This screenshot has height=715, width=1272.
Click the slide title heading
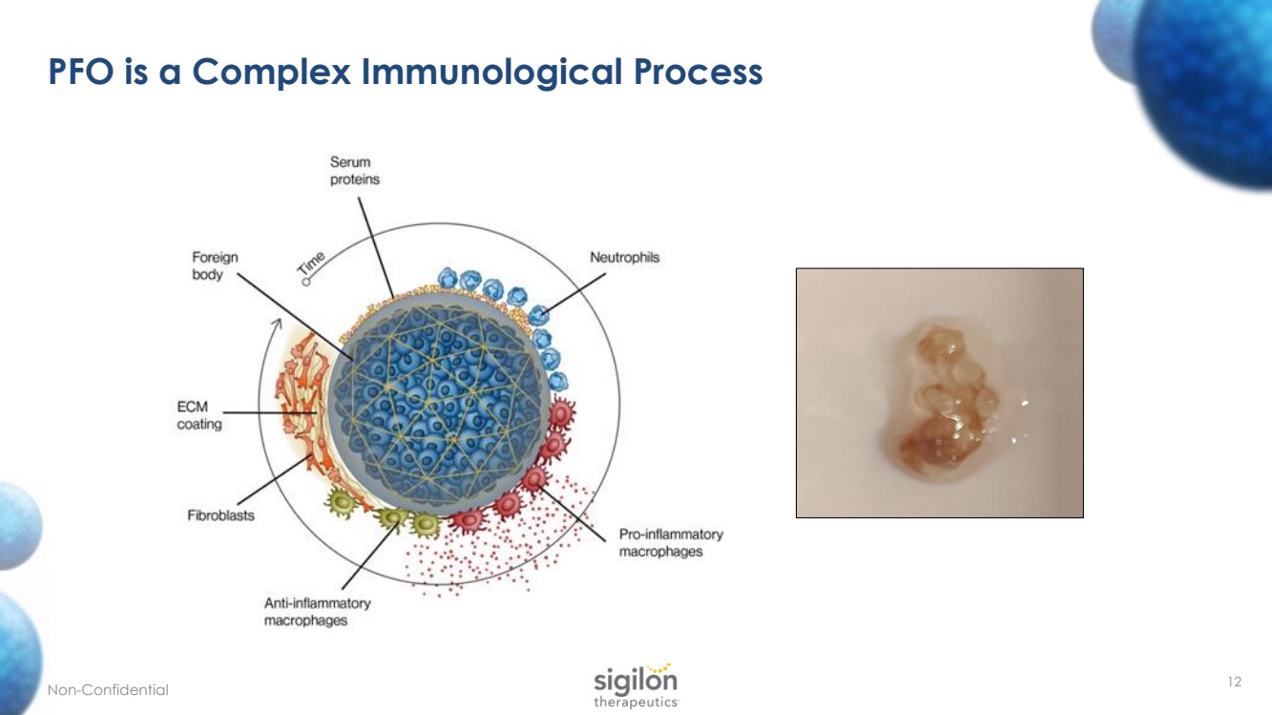tap(406, 73)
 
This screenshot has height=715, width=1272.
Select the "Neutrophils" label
tap(624, 258)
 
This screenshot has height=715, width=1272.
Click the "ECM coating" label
tap(199, 415)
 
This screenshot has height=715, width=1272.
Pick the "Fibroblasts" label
tap(220, 516)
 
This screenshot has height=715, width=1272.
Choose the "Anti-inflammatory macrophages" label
tap(317, 612)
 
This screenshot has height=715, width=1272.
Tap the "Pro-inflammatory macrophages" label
tap(671, 542)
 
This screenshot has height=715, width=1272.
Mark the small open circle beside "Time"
tap(306, 282)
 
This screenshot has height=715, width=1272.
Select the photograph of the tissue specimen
tap(939, 392)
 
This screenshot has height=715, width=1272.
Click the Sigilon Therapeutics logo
tap(636, 684)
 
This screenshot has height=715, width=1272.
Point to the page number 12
tap(1235, 682)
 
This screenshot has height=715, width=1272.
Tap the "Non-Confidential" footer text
tap(108, 690)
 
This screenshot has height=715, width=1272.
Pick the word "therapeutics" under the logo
tap(636, 702)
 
